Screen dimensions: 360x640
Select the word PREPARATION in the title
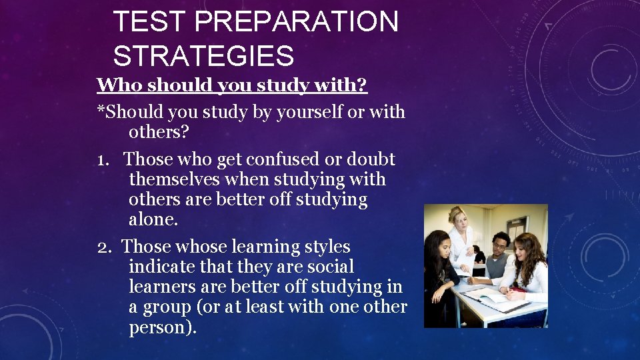click(297, 23)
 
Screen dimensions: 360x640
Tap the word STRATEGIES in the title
click(203, 56)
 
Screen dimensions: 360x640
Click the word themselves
click(175, 179)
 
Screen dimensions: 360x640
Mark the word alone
click(153, 220)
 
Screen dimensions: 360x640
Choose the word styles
click(327, 247)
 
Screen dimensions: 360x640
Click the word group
click(169, 307)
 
